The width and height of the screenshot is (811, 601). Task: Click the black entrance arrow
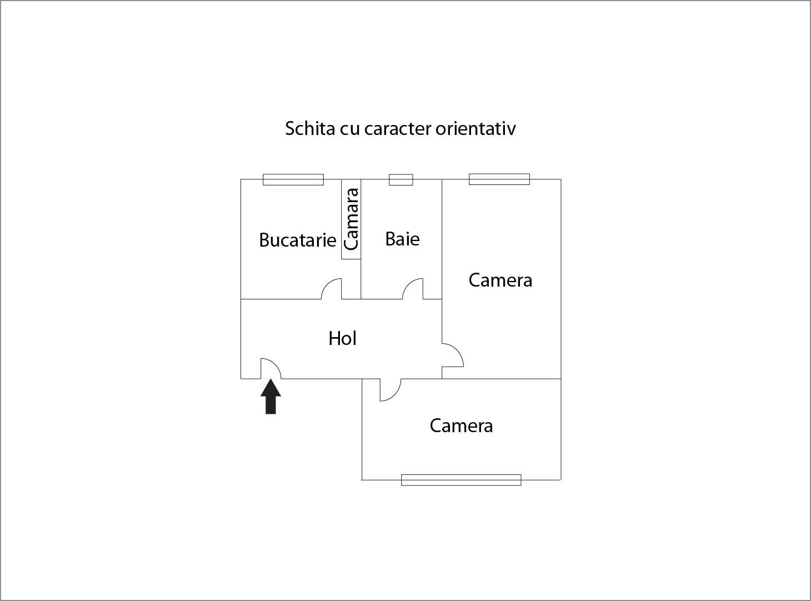[271, 397]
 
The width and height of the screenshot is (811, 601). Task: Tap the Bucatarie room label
[298, 240]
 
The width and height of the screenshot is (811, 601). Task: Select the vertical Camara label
[352, 219]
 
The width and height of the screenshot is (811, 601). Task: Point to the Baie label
[402, 239]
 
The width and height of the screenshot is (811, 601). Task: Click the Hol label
[342, 338]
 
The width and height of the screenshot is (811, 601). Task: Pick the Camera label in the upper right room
[500, 280]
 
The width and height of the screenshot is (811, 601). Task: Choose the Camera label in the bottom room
[461, 425]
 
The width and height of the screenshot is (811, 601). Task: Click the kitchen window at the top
[293, 179]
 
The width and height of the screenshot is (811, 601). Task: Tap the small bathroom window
[401, 179]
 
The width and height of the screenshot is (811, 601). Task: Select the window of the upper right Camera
[499, 179]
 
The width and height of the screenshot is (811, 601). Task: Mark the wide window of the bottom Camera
[461, 480]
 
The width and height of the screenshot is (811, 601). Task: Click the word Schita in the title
[310, 128]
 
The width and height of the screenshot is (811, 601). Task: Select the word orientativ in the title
[475, 128]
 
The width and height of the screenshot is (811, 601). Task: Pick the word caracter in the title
[398, 129]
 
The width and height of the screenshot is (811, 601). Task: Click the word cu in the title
[350, 130]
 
